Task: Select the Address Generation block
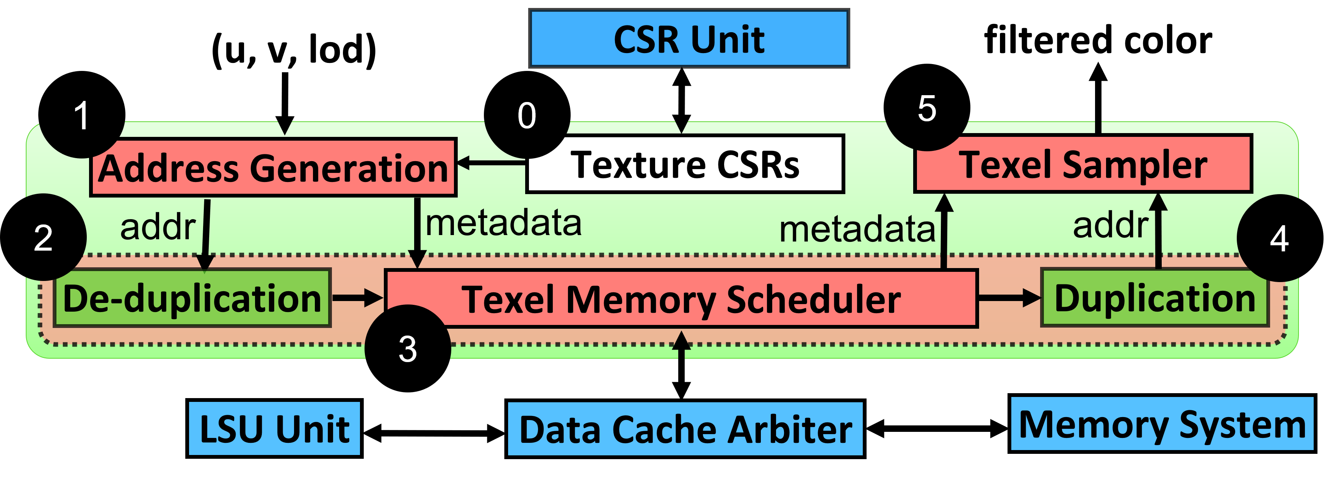[x=273, y=168]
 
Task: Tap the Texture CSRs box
[x=685, y=165]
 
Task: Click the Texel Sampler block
[x=1083, y=164]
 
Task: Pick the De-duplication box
[x=192, y=299]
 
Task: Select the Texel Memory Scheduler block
[x=681, y=299]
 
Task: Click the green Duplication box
[x=1155, y=299]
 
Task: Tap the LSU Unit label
[x=274, y=429]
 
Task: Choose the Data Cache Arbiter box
[x=685, y=429]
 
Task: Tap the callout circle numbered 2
[x=44, y=238]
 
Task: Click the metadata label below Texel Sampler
[x=857, y=229]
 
